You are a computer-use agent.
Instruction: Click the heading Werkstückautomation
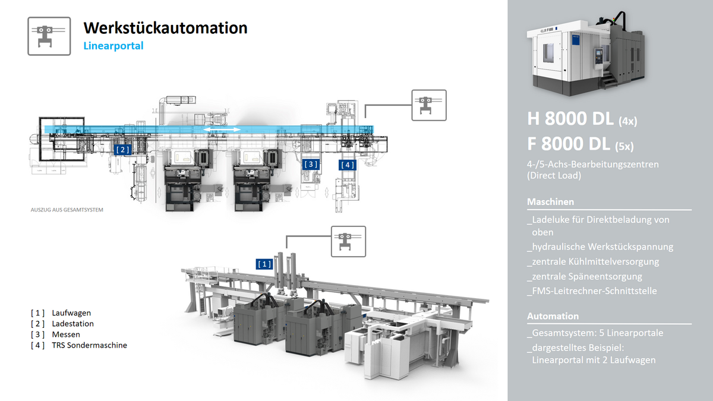coord(165,27)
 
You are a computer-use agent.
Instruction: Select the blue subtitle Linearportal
coord(113,45)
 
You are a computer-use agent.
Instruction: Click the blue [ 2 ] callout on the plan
coord(122,150)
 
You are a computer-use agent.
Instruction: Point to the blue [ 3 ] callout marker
coord(311,163)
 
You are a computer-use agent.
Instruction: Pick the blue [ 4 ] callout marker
coord(348,165)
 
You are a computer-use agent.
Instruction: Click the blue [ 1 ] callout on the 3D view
coord(264,263)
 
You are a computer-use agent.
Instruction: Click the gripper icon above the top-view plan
coord(428,106)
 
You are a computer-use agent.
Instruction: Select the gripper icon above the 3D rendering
coord(348,242)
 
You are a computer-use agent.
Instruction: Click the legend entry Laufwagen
coord(71,312)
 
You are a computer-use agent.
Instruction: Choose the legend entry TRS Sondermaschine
coord(89,345)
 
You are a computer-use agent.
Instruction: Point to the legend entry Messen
coord(66,334)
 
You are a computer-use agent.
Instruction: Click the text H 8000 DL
coord(570,119)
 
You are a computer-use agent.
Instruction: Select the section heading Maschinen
coord(550,202)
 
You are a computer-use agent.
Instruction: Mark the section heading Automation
coord(553,316)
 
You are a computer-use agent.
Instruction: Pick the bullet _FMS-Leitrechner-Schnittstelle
coord(592,291)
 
